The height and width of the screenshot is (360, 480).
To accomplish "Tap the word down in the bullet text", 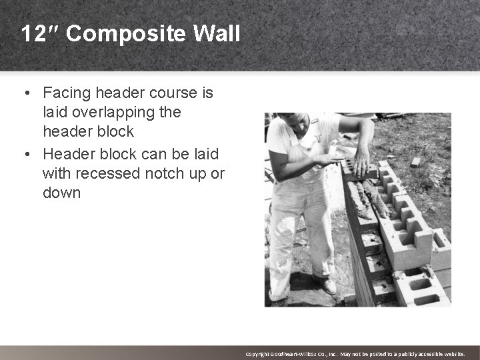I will tap(61, 193).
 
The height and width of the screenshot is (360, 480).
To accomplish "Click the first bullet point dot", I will tap(29, 93).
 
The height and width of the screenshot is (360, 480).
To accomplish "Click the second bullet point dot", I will tap(29, 154).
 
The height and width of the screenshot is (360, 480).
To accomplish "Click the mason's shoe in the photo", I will tap(326, 285).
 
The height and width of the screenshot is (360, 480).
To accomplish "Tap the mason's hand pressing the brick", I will tap(361, 163).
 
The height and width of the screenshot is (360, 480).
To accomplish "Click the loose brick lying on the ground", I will tap(415, 161).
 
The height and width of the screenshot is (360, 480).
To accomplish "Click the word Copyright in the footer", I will tap(259, 354).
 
